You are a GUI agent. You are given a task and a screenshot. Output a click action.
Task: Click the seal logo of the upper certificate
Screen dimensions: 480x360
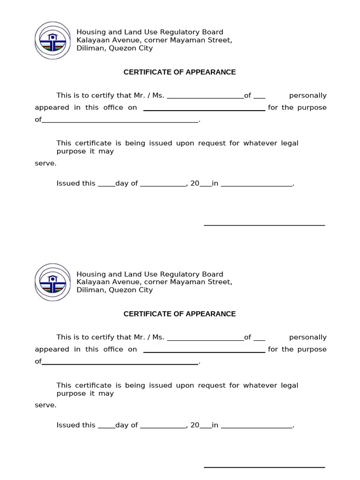point(52,40)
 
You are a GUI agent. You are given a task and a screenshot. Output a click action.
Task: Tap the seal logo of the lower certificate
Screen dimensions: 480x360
point(52,282)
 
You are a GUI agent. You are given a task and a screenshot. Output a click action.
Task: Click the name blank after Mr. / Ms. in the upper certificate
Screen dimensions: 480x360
point(205,96)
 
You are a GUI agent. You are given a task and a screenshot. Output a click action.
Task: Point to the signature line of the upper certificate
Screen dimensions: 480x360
point(264,225)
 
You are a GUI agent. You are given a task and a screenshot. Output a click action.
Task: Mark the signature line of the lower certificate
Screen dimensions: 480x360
point(264,467)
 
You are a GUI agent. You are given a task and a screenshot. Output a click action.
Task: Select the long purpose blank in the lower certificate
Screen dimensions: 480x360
point(120,362)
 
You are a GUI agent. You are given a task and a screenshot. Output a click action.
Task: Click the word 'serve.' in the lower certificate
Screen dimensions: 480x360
point(45,405)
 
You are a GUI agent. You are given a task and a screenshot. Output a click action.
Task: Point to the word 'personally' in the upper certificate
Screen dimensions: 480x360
point(307,96)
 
